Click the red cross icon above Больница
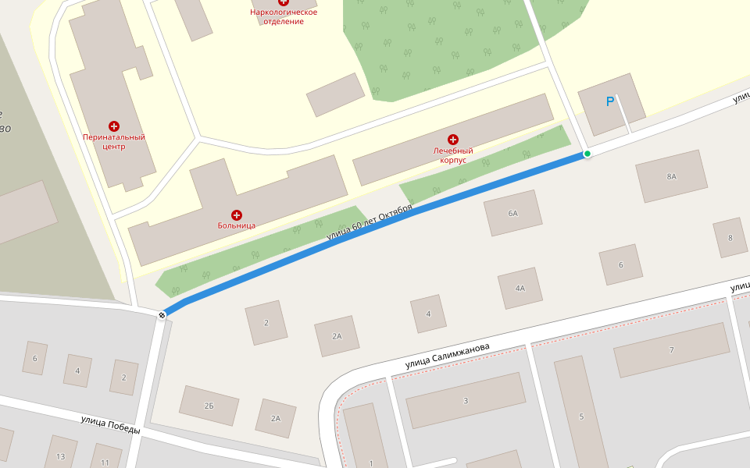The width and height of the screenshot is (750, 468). click(x=237, y=214)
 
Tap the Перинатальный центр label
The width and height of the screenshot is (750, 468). click(x=114, y=142)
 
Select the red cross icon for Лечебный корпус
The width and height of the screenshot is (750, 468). click(x=453, y=139)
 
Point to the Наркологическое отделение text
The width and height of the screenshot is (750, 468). click(x=283, y=16)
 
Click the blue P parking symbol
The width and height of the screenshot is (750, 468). click(x=610, y=101)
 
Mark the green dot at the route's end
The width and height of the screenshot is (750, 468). click(x=587, y=154)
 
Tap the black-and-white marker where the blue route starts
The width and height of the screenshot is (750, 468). click(x=162, y=315)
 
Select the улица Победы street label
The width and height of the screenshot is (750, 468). click(x=110, y=424)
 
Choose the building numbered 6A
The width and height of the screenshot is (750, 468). click(x=513, y=213)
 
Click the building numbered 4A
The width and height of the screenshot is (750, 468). click(x=520, y=288)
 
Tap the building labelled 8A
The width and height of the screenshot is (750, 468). click(x=671, y=176)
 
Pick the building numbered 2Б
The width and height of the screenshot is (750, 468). click(x=209, y=406)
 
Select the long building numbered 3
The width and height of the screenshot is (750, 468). click(x=466, y=400)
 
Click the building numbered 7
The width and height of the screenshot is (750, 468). click(x=671, y=349)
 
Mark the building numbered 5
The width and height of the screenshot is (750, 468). click(x=581, y=417)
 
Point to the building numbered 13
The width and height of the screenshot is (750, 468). click(x=60, y=456)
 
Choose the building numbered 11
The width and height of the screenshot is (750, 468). click(x=105, y=460)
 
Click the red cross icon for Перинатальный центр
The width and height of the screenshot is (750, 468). click(x=114, y=126)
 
